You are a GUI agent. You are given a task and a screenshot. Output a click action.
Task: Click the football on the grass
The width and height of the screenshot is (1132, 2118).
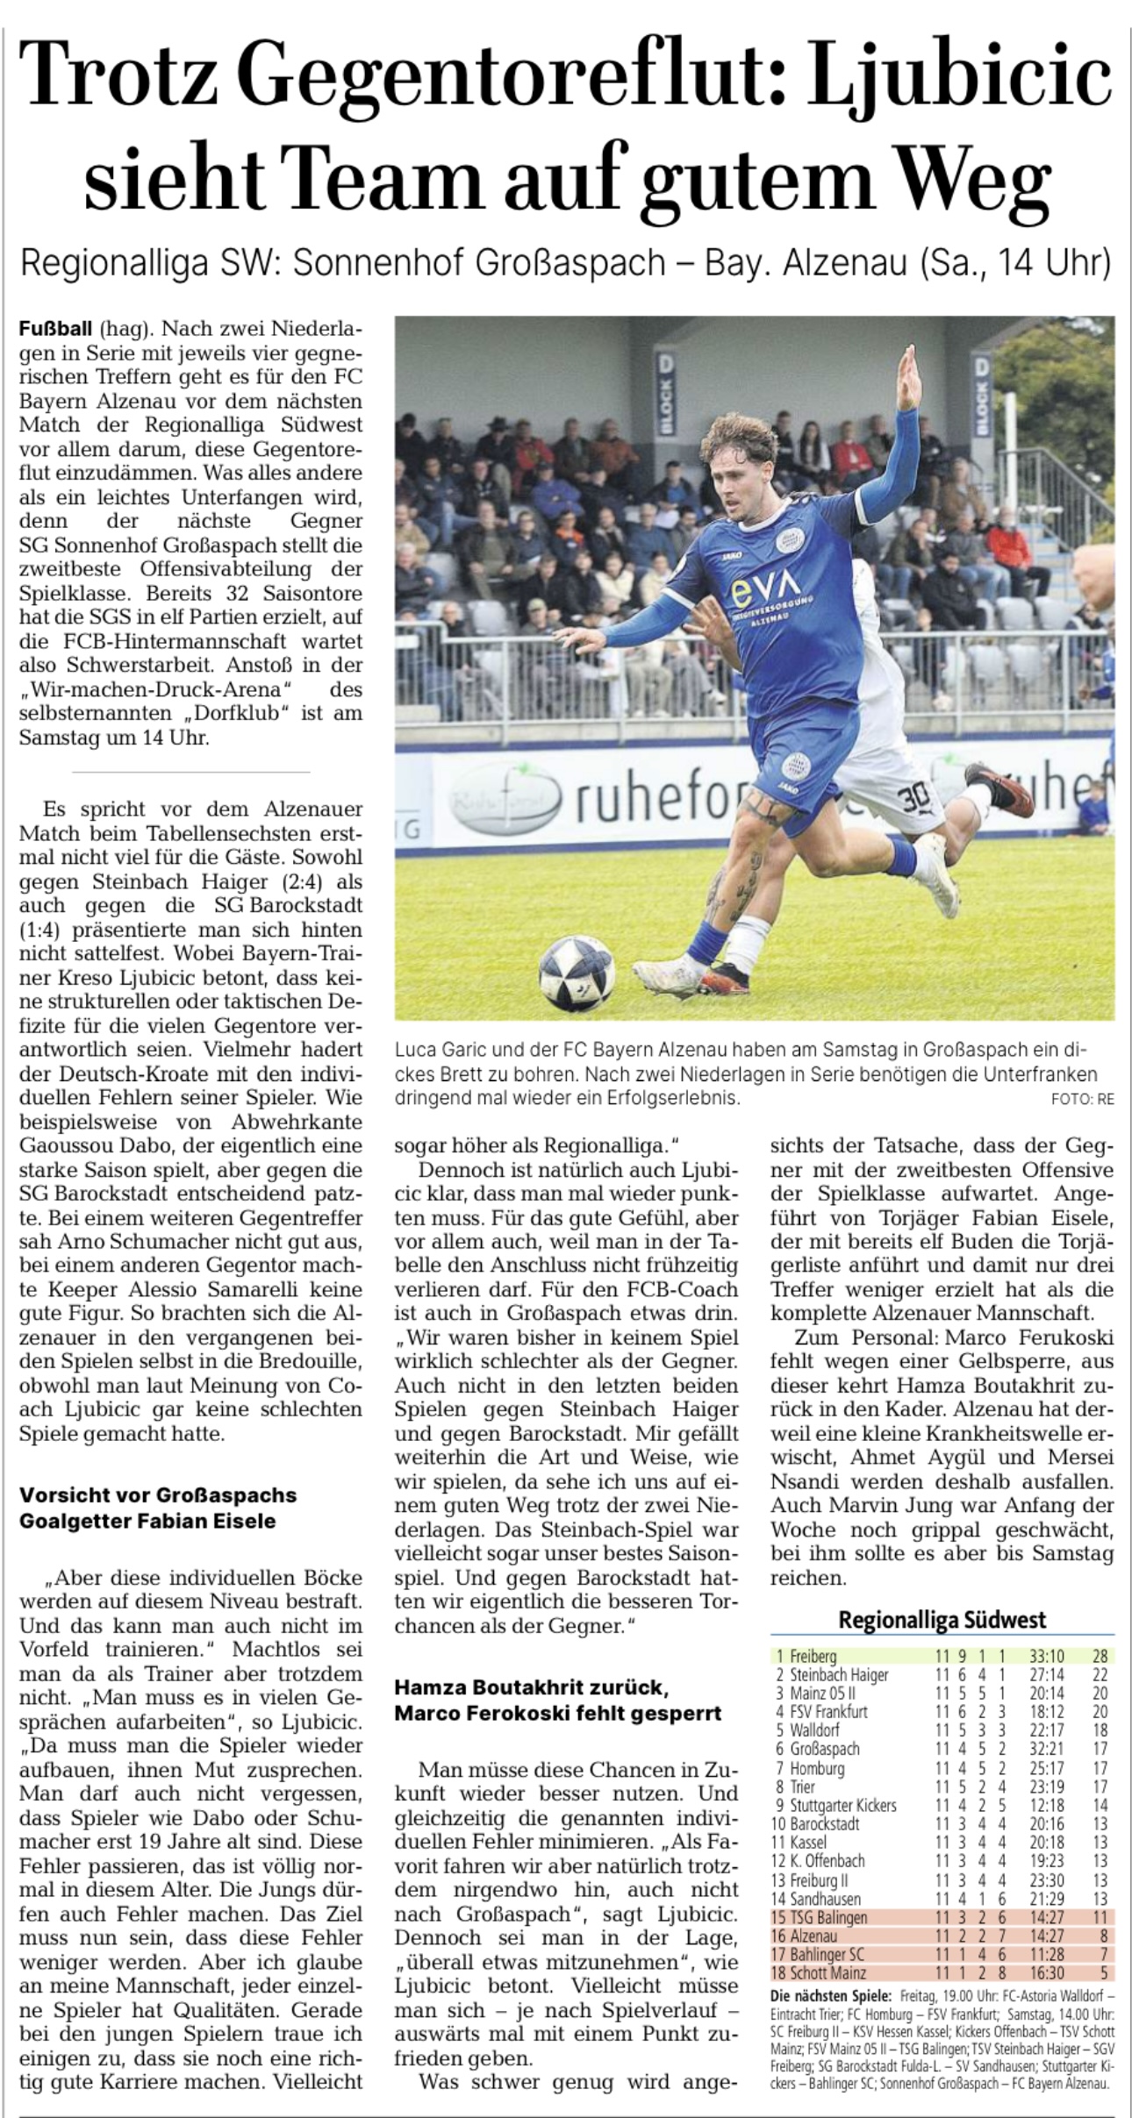click(577, 972)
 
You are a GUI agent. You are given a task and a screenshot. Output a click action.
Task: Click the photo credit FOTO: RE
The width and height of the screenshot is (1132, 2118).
click(1082, 1099)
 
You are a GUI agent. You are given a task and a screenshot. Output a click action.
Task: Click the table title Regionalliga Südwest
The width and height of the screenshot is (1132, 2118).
click(942, 1619)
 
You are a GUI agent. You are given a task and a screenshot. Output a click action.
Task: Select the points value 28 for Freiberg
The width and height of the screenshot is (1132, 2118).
click(1100, 1657)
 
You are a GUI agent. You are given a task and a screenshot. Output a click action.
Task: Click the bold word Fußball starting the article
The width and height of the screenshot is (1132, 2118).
click(55, 330)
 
